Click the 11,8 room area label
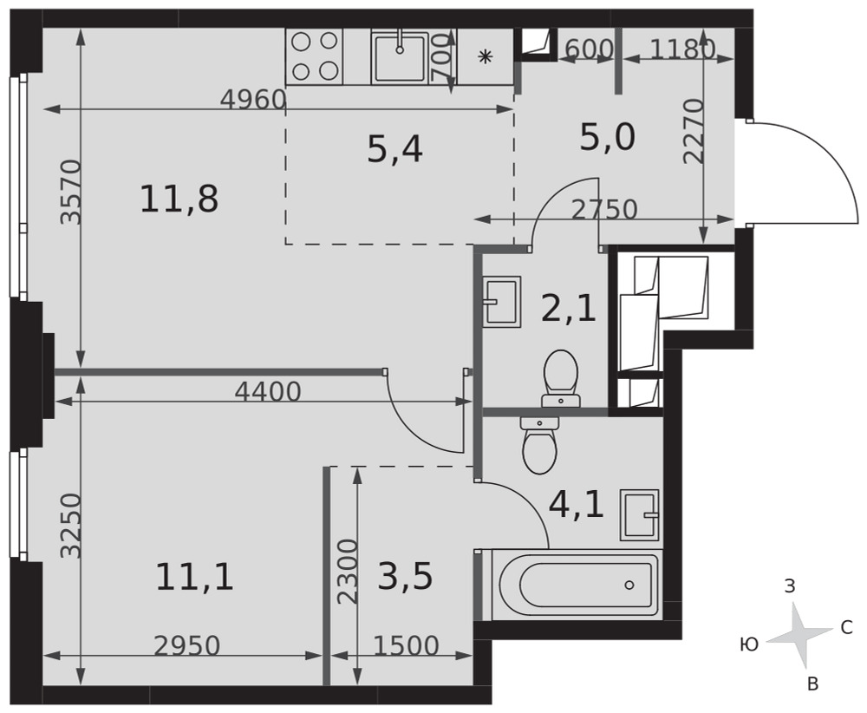(x=179, y=200)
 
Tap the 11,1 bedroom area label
(x=194, y=576)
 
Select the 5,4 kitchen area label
(x=394, y=149)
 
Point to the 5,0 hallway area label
(x=607, y=137)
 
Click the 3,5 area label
(x=405, y=576)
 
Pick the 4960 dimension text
(x=253, y=100)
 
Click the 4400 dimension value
(x=268, y=392)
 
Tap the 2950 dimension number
(x=187, y=645)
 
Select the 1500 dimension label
(x=407, y=645)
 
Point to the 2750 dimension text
(x=604, y=210)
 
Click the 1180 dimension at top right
(x=681, y=49)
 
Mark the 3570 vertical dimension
(x=71, y=192)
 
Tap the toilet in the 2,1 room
(x=561, y=378)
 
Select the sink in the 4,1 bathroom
(x=640, y=514)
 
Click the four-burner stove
(x=315, y=56)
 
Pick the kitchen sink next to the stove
(x=400, y=57)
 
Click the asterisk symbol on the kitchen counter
(x=485, y=56)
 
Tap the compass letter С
(x=846, y=627)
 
